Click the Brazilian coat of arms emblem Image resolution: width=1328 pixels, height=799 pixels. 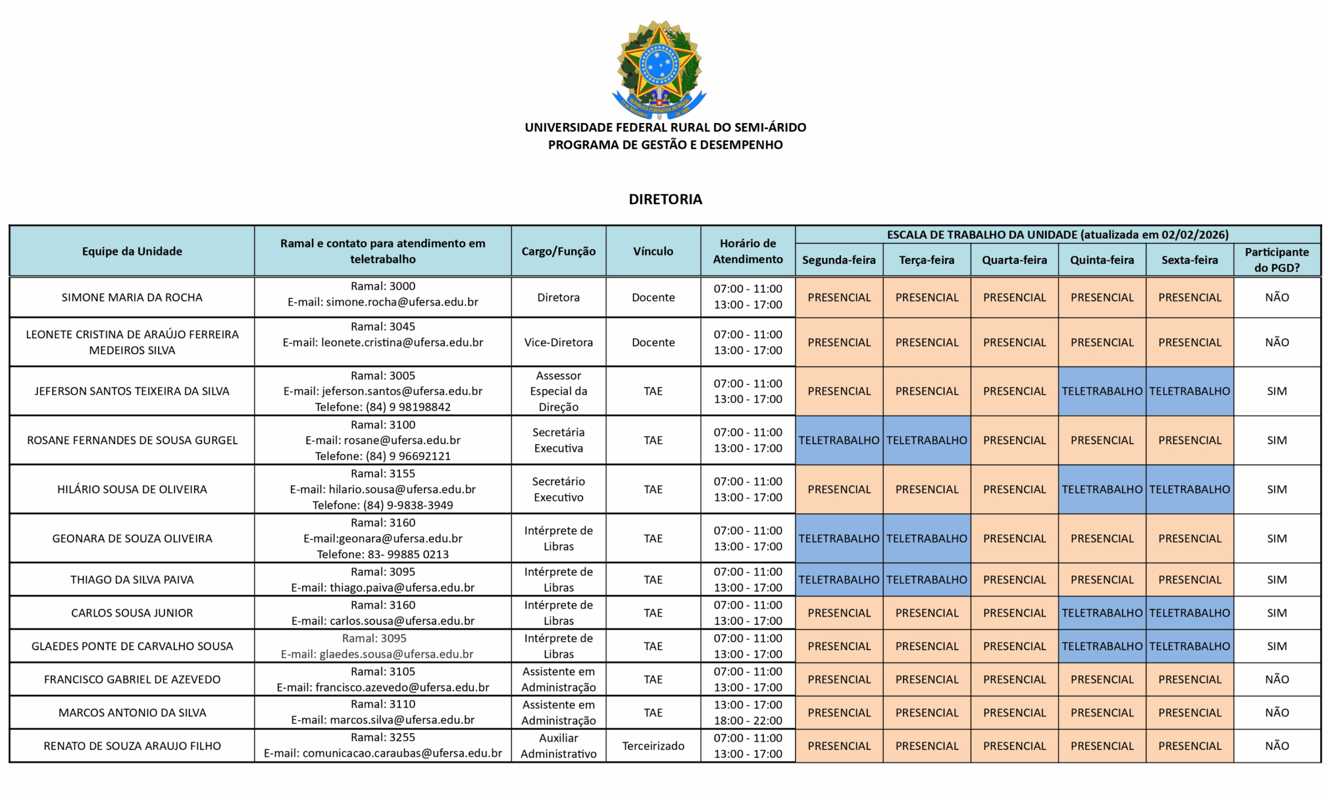659,69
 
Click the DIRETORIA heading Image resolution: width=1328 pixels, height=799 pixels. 665,199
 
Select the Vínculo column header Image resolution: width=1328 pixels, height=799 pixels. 653,251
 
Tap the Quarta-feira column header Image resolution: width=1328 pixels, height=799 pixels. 1014,260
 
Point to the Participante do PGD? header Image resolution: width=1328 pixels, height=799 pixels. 1276,259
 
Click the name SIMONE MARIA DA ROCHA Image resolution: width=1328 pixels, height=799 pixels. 132,297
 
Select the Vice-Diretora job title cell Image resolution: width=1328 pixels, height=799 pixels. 558,342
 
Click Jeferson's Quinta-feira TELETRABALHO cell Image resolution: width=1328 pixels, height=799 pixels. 1101,391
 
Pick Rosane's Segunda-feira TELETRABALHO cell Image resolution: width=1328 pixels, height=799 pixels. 839,440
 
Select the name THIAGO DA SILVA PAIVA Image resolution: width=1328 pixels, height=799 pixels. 132,580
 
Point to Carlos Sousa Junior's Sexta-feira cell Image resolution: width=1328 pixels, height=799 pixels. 1189,613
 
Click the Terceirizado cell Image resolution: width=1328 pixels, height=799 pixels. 653,746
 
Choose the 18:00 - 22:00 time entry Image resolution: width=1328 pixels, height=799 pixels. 748,720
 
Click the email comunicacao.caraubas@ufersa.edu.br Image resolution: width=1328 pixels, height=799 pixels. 402,753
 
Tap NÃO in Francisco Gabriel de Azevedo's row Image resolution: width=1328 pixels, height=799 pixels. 1276,680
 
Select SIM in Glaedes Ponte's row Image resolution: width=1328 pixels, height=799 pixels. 1276,646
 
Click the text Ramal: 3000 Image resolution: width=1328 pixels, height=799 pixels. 383,286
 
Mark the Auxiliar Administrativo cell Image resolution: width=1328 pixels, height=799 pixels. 558,746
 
